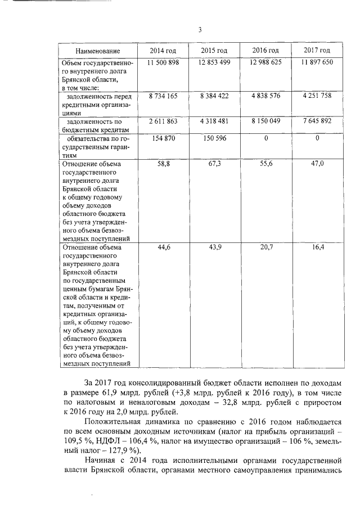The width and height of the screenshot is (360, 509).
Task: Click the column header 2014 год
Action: pos(163,51)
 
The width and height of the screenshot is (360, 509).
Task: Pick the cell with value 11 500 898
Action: pos(163,62)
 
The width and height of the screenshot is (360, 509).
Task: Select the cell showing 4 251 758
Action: pos(316,97)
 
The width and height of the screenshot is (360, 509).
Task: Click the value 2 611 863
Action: pos(163,121)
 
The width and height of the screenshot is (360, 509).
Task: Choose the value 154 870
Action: pos(163,138)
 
